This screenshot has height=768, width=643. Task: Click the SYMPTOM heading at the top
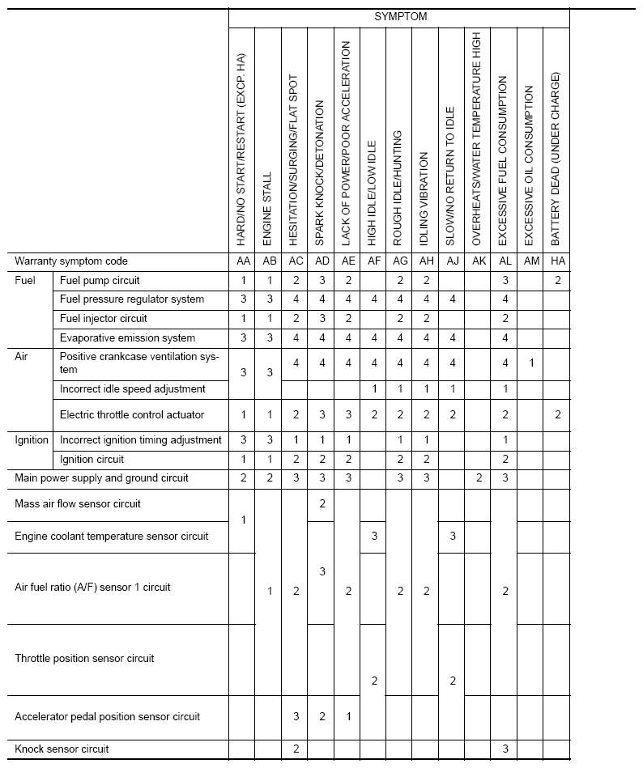click(399, 16)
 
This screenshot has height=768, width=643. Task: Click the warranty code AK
click(477, 261)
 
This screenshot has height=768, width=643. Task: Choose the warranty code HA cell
click(556, 261)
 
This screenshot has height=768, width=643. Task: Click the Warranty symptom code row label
click(71, 261)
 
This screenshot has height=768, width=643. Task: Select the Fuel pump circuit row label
click(100, 280)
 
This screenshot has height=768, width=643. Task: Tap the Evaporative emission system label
click(127, 337)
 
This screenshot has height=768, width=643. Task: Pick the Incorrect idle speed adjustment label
click(133, 389)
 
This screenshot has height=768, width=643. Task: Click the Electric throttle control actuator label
click(132, 415)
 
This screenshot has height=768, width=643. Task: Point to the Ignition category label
click(32, 440)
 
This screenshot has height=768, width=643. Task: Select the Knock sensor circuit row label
click(62, 749)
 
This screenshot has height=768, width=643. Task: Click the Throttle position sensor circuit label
click(84, 659)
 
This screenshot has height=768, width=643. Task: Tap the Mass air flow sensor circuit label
click(78, 504)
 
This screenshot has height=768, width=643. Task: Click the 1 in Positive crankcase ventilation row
click(530, 363)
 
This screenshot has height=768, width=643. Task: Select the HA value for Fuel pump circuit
click(556, 280)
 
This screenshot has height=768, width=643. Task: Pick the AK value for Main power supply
click(478, 478)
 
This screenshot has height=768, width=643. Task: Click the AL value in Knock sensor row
click(505, 749)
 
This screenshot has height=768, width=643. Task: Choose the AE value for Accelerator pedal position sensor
click(347, 716)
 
